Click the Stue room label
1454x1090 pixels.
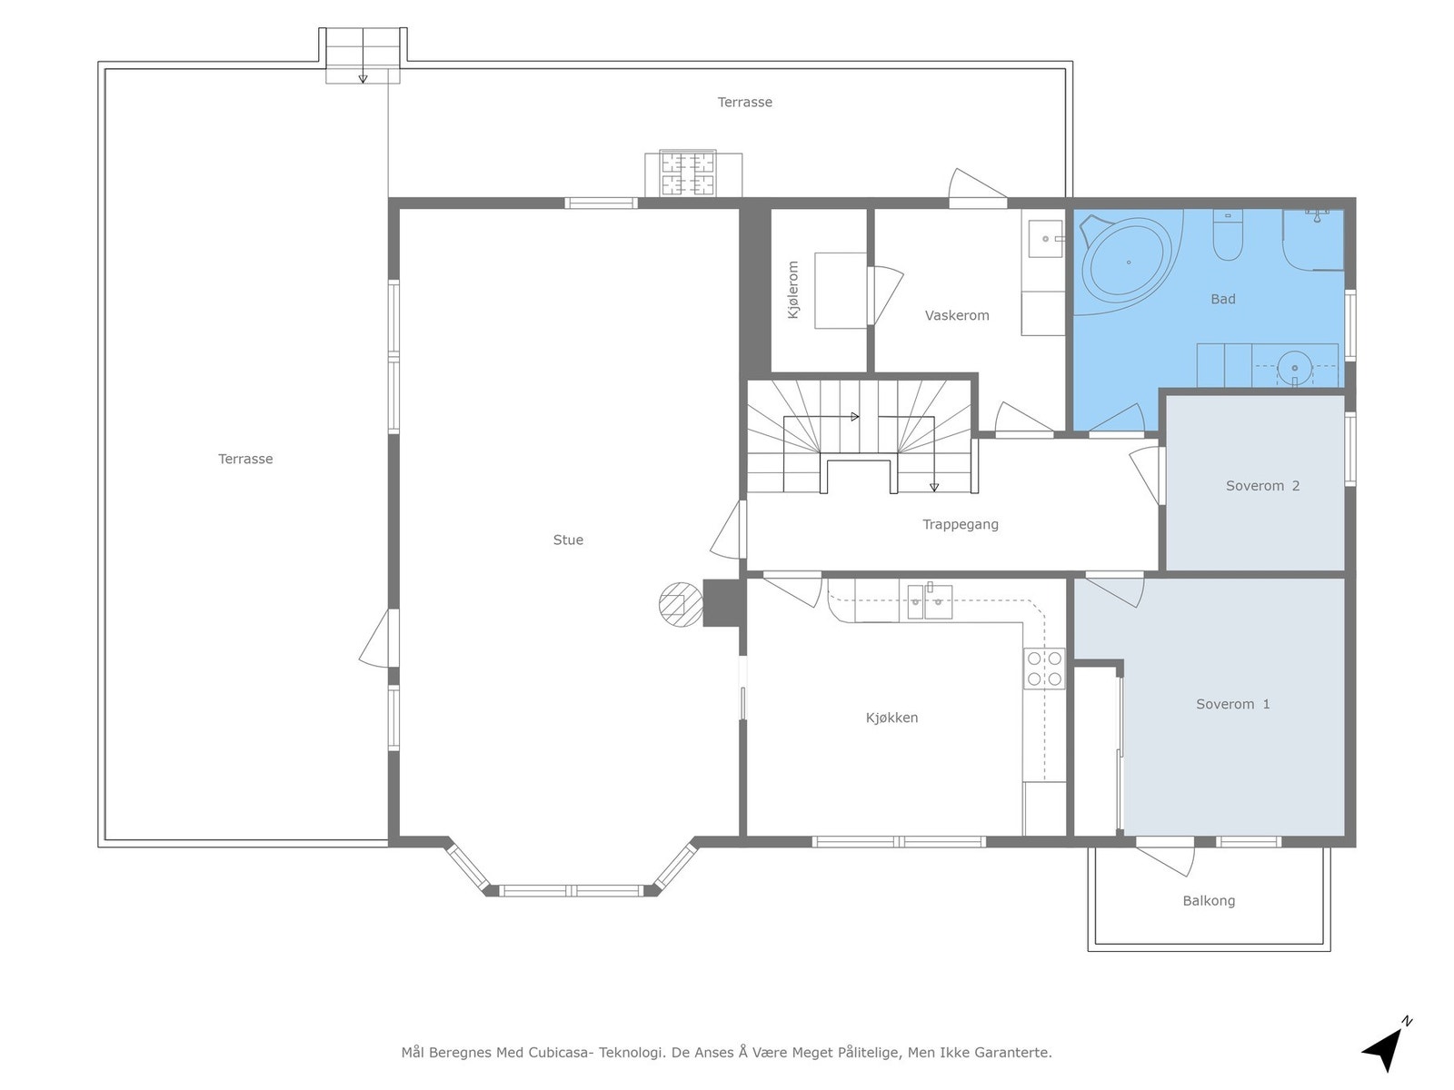point(568,540)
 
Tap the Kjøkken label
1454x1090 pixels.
point(891,718)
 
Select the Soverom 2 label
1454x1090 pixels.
point(1262,486)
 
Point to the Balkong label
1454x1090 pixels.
point(1209,901)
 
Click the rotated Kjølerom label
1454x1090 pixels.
point(793,290)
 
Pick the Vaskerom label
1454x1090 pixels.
point(957,316)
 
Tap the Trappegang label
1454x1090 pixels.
point(961,524)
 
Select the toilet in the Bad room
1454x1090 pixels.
point(1228,235)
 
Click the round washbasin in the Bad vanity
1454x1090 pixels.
point(1294,368)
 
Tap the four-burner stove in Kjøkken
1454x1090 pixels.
point(1044,669)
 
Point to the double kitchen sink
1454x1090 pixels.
point(930,601)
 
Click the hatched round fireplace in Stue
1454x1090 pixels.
point(681,604)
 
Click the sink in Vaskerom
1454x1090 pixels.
point(1045,238)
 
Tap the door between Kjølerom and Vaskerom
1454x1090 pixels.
point(883,296)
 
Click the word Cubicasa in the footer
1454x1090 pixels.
point(561,1052)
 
